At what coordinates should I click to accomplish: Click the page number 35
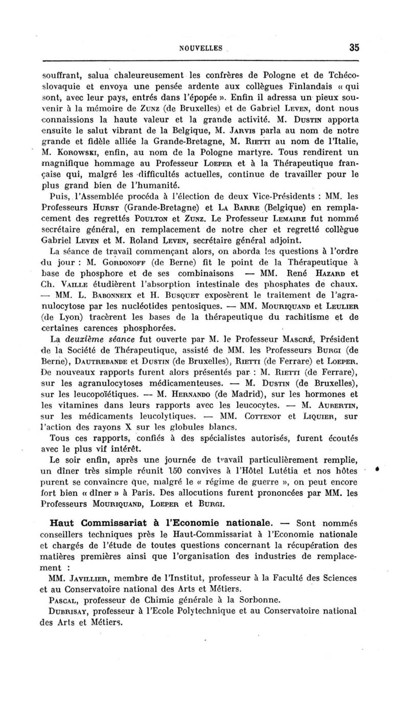[354, 48]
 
